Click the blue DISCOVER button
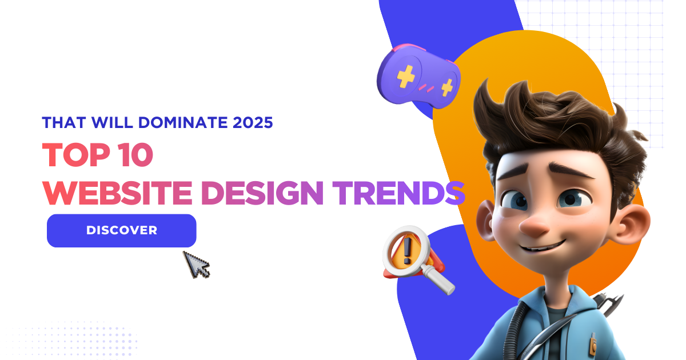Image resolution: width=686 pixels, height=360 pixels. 121,230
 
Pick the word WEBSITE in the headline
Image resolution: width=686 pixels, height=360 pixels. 118,193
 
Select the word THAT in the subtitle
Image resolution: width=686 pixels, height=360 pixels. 61,122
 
